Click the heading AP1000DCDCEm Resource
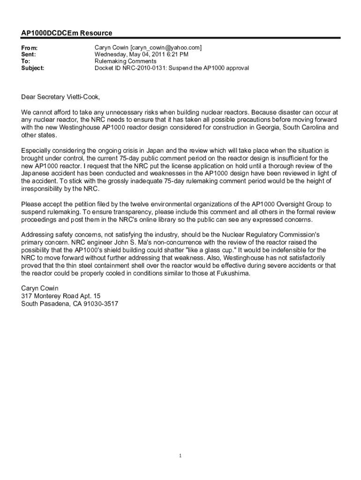(x=67, y=33)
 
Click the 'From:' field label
(x=30, y=48)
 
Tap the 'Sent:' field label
(x=29, y=55)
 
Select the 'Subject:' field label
(x=33, y=68)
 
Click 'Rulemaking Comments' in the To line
(x=125, y=61)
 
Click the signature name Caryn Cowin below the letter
(x=40, y=288)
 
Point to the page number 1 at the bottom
(x=180, y=456)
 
